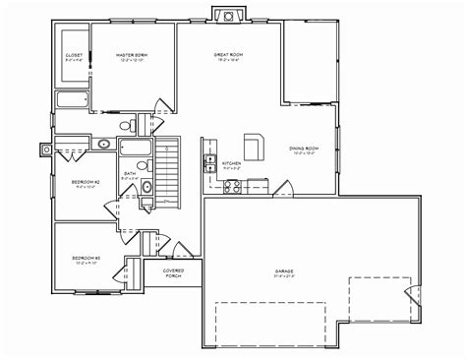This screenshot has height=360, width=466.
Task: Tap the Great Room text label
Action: [229, 56]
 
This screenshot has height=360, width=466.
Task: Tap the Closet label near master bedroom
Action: [74, 56]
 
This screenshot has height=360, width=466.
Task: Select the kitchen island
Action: [256, 147]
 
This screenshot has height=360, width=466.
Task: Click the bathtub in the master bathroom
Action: [74, 100]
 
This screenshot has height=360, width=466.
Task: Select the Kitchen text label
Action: [232, 163]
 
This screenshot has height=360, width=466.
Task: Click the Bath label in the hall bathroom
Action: [130, 175]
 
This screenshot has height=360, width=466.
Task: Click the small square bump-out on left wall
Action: [45, 149]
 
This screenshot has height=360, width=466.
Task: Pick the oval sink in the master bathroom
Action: [104, 145]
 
